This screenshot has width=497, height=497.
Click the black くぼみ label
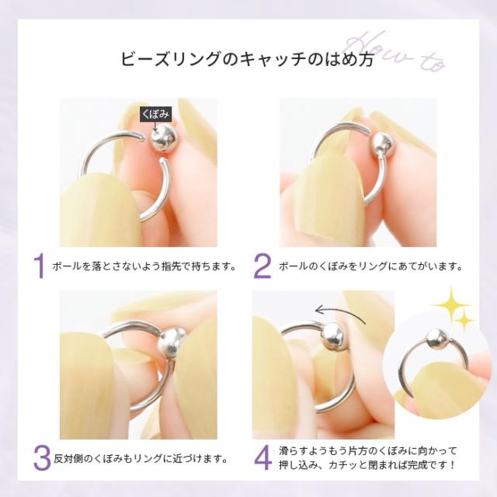155,114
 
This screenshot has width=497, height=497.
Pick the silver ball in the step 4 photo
332,334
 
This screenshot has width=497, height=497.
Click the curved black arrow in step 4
342,312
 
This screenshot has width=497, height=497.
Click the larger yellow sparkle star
449,301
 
